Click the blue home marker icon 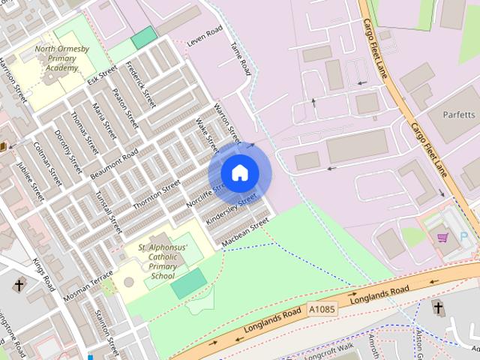[x=239, y=173]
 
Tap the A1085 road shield [x=322, y=309]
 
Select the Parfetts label [x=458, y=115]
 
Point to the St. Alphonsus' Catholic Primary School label [x=162, y=261]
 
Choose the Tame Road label [x=240, y=58]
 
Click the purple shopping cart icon [x=442, y=238]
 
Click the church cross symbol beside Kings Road [x=19, y=285]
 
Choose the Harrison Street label [x=13, y=80]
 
